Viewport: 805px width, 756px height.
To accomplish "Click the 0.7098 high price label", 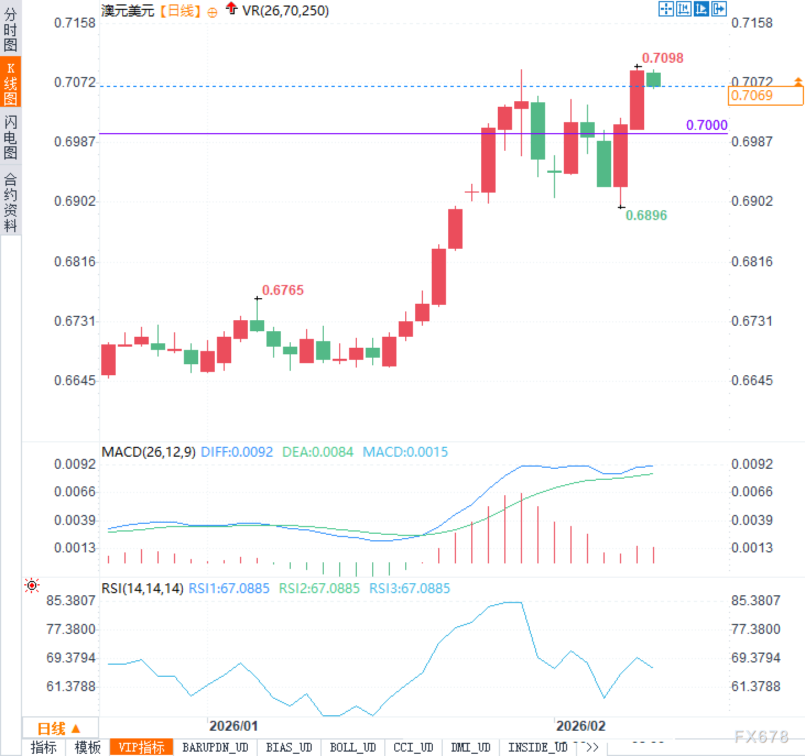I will pyautogui.click(x=662, y=58).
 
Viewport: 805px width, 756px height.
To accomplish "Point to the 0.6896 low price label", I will pyautogui.click(x=646, y=215).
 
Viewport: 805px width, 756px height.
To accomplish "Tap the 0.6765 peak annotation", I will pyautogui.click(x=282, y=290).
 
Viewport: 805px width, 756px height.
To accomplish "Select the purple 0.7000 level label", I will pyautogui.click(x=706, y=125).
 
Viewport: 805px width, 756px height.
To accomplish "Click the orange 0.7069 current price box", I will pyautogui.click(x=765, y=96).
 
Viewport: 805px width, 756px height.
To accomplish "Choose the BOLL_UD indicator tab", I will pyautogui.click(x=352, y=747).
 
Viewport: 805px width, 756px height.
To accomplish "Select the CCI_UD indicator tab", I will pyautogui.click(x=413, y=747).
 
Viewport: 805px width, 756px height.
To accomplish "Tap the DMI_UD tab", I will pyautogui.click(x=470, y=747).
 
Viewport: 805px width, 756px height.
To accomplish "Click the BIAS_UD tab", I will pyautogui.click(x=289, y=747).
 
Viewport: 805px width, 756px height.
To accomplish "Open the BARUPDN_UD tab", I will pyautogui.click(x=215, y=747).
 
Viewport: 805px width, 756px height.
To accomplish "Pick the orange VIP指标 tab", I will pyautogui.click(x=142, y=747).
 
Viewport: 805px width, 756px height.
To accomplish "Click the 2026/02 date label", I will pyautogui.click(x=580, y=726).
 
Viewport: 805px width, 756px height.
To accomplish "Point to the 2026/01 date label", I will pyautogui.click(x=233, y=726).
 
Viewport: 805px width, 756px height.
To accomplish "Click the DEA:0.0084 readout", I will pyautogui.click(x=318, y=452).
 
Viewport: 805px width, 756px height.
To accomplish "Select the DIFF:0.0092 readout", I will pyautogui.click(x=237, y=452).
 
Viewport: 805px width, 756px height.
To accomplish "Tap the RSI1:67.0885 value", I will pyautogui.click(x=229, y=588).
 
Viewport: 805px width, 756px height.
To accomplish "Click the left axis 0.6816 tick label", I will pyautogui.click(x=75, y=261).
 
